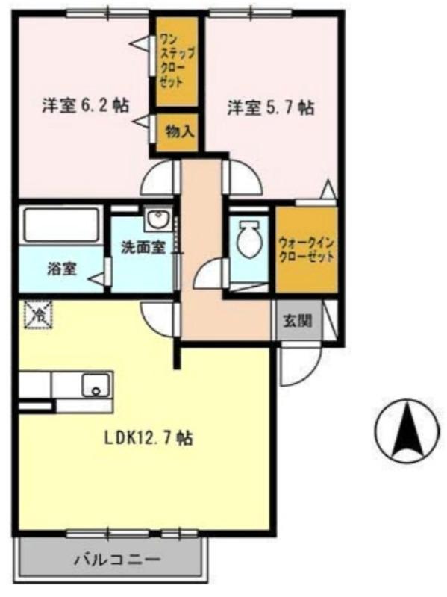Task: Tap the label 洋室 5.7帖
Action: tap(270, 107)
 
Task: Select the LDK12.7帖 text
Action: tap(149, 438)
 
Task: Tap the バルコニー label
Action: tap(116, 560)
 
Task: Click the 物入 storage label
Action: tap(179, 132)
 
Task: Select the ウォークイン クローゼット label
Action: tap(306, 249)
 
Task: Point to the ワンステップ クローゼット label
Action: tap(178, 57)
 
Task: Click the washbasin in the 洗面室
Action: tap(157, 219)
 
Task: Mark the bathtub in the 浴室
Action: tap(60, 225)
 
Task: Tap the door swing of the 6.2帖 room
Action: tap(158, 179)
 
